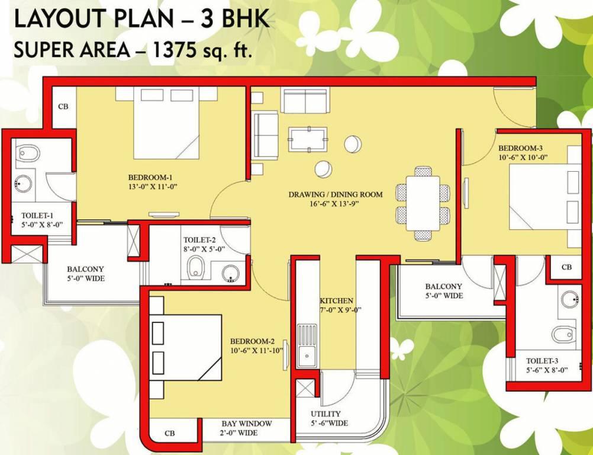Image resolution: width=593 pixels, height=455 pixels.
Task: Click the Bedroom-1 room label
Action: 150,177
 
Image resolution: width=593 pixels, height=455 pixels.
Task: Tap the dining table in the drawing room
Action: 423,203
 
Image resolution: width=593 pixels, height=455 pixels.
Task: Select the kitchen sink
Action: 307,345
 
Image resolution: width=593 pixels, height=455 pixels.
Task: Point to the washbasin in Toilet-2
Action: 231,274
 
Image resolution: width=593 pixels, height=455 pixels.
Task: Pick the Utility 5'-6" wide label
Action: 329,418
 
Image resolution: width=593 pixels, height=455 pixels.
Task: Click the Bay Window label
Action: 247,423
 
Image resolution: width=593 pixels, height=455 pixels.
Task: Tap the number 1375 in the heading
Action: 173,50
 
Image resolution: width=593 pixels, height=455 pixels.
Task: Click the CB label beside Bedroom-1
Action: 63,107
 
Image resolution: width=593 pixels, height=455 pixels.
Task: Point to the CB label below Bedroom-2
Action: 170,433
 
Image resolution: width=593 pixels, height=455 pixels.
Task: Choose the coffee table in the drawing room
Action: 308,139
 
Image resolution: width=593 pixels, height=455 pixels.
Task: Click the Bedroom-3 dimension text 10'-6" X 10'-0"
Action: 523,157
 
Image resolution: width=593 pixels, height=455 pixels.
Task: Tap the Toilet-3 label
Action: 542,361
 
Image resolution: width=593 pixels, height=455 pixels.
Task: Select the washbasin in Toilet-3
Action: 571,299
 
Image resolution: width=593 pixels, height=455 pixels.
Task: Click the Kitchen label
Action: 337,300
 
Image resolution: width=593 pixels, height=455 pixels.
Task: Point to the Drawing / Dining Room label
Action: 336,194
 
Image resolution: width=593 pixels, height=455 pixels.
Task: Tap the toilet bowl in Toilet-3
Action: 564,334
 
